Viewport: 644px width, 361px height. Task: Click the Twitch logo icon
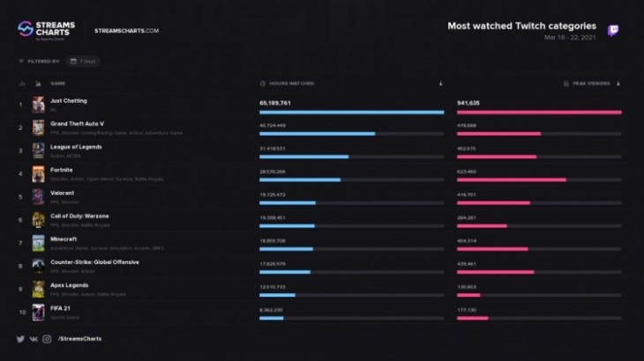click(x=612, y=31)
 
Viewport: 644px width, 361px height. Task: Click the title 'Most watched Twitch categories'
click(x=521, y=26)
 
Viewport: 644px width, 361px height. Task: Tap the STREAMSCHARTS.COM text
click(x=126, y=31)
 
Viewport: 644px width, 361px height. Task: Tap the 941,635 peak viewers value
click(x=469, y=103)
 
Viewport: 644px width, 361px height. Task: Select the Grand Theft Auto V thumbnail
click(x=38, y=128)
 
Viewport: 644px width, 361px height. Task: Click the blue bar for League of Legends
click(x=303, y=157)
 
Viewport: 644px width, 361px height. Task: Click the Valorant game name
click(x=63, y=193)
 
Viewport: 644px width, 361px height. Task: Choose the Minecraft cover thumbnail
click(x=38, y=243)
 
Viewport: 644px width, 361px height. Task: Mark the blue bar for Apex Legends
click(x=277, y=295)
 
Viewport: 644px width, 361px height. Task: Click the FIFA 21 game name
click(x=62, y=307)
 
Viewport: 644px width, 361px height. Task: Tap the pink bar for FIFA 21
click(x=473, y=318)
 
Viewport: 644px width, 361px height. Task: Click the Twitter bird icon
click(x=20, y=339)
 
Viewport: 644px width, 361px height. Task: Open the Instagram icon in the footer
click(x=47, y=339)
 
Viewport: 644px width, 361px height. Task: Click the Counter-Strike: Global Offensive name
click(x=94, y=262)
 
